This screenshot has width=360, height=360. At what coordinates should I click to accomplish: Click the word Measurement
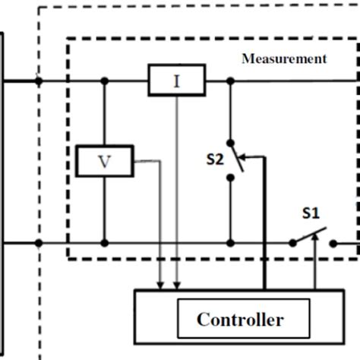point(284,58)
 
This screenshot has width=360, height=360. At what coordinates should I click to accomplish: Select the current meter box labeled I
point(176,80)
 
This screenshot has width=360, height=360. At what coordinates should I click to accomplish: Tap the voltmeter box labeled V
point(105,160)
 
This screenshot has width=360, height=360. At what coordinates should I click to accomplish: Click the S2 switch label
point(215,159)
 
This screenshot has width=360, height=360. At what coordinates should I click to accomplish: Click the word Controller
point(240,319)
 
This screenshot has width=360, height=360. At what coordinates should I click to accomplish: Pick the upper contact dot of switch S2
point(230,142)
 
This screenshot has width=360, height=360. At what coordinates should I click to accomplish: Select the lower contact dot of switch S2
point(230,178)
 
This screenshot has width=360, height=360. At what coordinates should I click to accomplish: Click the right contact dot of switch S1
point(331,243)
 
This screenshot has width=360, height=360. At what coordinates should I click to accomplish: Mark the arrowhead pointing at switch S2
point(244,159)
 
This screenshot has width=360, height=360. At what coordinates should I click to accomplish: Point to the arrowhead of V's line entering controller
point(159,284)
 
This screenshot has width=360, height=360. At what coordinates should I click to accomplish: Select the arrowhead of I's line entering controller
point(176,284)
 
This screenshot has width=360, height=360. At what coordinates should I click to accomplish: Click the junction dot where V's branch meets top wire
point(105,80)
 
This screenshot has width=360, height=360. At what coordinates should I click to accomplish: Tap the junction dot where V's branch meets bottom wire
point(105,243)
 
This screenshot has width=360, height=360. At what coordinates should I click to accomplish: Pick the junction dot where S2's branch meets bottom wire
point(230,243)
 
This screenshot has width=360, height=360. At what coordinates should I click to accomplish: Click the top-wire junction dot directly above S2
point(230,80)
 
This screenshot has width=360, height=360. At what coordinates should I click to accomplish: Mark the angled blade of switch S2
point(237,159)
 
